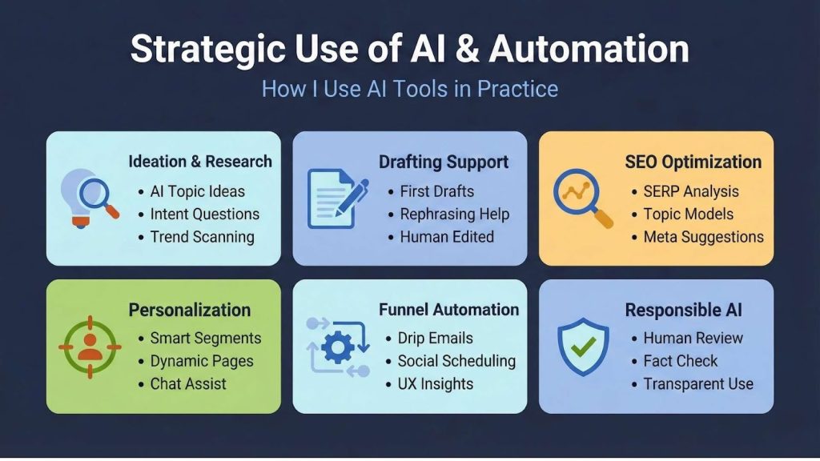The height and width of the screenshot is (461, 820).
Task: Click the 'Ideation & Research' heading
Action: [200, 161]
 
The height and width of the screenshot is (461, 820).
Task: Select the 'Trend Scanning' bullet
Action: [202, 236]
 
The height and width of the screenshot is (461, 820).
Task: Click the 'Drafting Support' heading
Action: [443, 162]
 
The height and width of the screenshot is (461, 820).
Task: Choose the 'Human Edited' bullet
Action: [447, 236]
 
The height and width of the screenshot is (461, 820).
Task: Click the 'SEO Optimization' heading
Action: [693, 162]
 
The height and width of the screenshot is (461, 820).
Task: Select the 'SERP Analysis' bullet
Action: [691, 191]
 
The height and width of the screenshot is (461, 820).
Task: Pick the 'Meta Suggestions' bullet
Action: [703, 236]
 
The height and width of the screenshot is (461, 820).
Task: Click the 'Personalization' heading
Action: [190, 310]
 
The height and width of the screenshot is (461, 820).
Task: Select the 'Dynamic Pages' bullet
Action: [202, 361]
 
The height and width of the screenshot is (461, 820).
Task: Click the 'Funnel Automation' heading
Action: [448, 309]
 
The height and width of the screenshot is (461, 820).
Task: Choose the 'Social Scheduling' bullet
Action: [456, 361]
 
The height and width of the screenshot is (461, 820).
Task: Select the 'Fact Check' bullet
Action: [681, 361]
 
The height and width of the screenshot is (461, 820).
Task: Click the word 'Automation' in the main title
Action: [589, 49]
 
